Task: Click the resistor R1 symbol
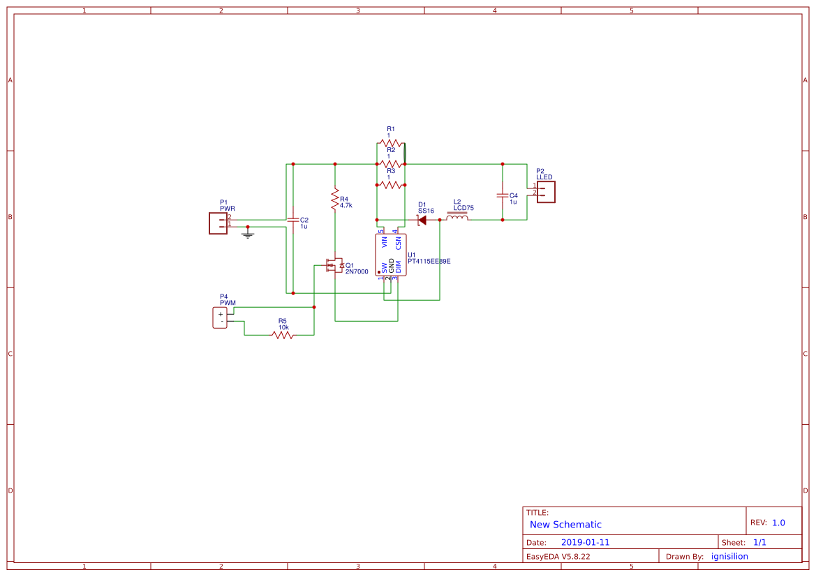391,143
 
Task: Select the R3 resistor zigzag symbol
391,185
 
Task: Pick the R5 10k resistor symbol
283,335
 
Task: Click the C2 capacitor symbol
293,220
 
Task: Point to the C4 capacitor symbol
502,195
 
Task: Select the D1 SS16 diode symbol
421,220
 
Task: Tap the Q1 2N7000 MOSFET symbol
333,266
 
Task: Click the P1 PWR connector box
218,223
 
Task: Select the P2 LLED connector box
545,191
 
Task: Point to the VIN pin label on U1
384,242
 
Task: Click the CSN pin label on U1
398,242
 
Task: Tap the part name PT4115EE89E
429,262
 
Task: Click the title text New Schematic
565,525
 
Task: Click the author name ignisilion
729,556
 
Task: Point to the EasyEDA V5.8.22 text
558,556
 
